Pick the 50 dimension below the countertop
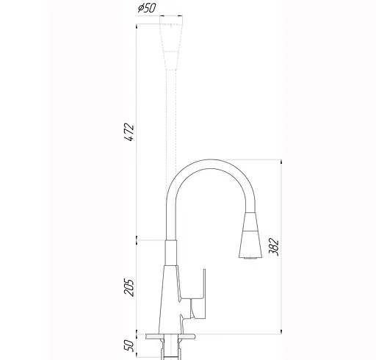pyautogui.click(x=130, y=344)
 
